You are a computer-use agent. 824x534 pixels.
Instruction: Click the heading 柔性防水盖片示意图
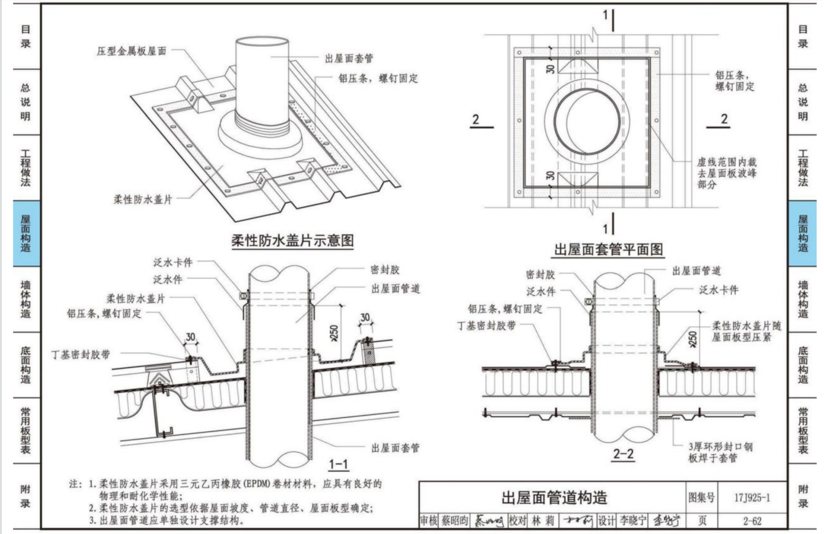tap(292, 240)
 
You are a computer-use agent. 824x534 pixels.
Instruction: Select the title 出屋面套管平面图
tap(608, 250)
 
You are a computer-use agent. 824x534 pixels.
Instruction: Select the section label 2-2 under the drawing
tap(624, 454)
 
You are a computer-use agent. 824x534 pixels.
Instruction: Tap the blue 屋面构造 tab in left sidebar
tap(26, 234)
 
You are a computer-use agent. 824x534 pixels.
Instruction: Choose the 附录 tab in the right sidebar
tap(803, 497)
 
